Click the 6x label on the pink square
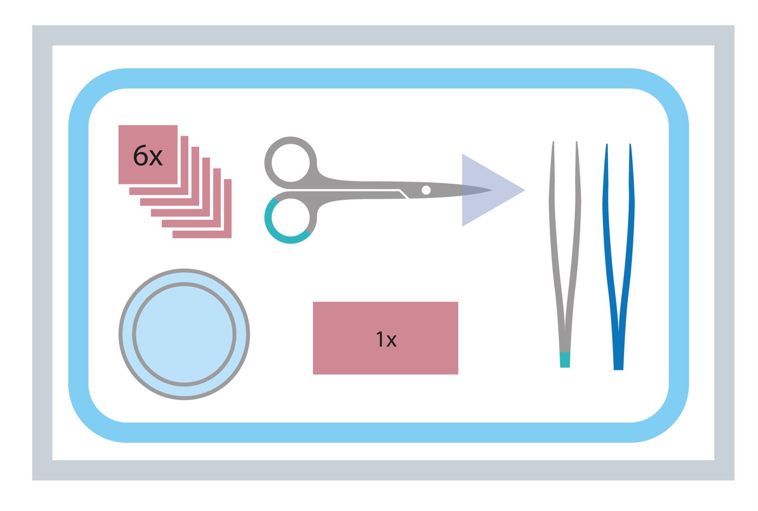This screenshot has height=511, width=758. [148, 156]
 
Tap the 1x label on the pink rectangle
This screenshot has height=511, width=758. [386, 339]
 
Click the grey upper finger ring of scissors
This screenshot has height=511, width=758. [291, 140]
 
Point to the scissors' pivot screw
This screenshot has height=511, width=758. [426, 190]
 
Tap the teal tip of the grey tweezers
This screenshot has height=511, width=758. [565, 360]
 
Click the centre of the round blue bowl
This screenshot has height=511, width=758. [184, 335]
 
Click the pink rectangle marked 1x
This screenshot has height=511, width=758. [386, 338]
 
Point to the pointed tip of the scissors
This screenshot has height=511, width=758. [491, 190]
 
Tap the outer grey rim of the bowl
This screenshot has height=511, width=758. [184, 270]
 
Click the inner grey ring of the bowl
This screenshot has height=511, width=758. [184, 284]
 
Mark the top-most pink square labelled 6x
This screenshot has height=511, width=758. [148, 155]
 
